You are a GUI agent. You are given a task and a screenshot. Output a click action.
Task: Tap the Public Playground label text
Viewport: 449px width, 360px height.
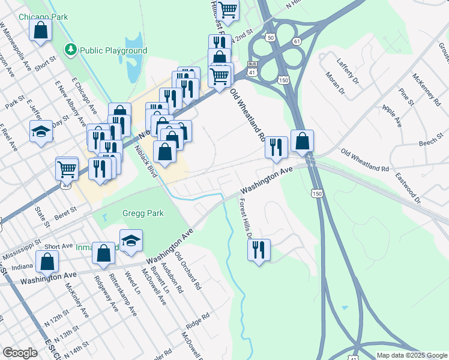pyautogui.click(x=113, y=51)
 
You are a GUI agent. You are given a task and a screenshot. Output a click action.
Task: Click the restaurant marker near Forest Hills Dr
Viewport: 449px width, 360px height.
pyautogui.click(x=259, y=249)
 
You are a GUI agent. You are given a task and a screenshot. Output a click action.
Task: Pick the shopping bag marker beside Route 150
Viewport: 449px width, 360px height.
pyautogui.click(x=303, y=142)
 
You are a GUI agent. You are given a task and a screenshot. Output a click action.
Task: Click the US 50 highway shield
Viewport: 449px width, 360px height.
pyautogui.click(x=271, y=37)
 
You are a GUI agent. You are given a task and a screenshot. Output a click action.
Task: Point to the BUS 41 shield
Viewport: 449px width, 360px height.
pyautogui.click(x=253, y=68)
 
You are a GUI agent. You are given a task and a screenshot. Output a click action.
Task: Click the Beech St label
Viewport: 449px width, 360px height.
pyautogui.click(x=431, y=143)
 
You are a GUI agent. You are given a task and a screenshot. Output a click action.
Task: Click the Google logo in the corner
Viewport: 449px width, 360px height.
pyautogui.click(x=20, y=353)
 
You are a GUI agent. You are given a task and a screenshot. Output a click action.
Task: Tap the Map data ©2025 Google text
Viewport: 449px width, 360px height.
pyautogui.click(x=411, y=355)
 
